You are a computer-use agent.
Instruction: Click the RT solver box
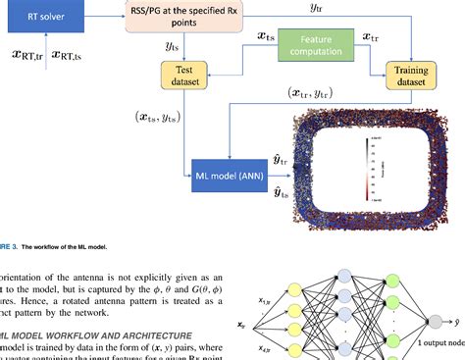pos(46,16)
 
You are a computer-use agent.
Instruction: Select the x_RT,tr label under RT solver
pos(24,56)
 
